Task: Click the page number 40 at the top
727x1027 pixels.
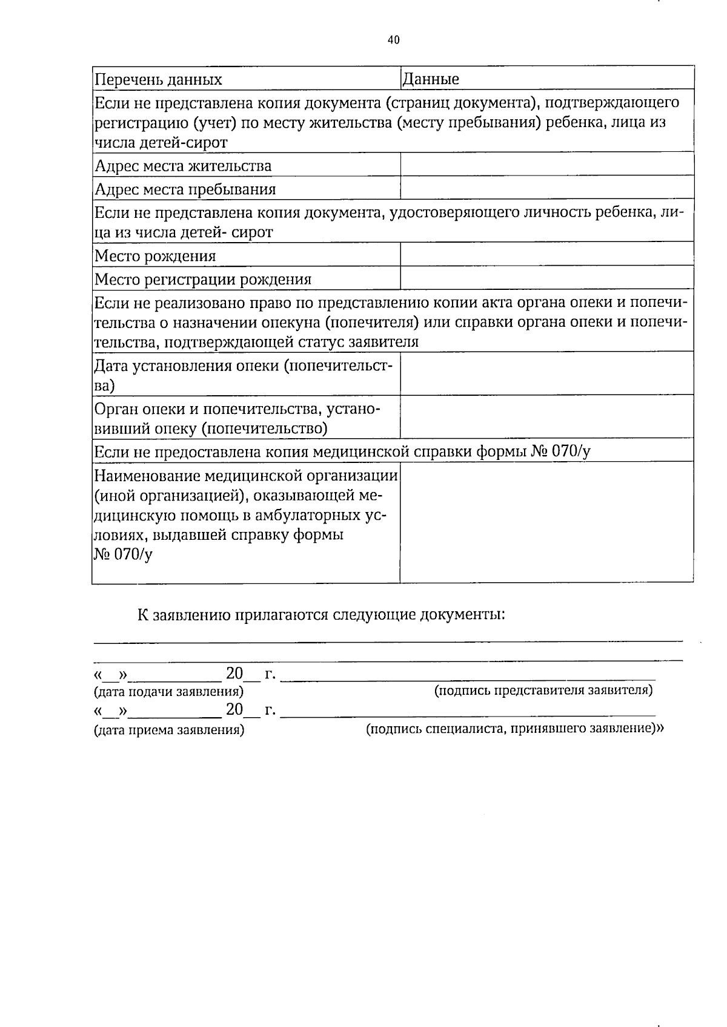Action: point(393,41)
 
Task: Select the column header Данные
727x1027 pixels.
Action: point(431,79)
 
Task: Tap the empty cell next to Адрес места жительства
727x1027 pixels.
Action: point(546,165)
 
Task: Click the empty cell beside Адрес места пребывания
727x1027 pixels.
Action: point(546,188)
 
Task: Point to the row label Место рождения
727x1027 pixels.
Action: point(156,256)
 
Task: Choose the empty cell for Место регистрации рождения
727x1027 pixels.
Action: point(546,278)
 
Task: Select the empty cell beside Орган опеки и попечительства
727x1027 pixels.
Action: point(546,416)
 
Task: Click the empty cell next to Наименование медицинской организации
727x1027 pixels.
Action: point(546,522)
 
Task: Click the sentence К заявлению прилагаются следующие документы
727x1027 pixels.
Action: point(321,615)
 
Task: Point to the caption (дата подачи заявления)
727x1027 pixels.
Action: point(168,691)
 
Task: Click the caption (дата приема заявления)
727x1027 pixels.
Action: point(169,730)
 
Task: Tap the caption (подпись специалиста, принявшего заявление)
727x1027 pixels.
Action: point(514,729)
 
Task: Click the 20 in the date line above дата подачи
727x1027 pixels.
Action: point(234,673)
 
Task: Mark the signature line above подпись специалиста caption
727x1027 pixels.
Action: point(468,715)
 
